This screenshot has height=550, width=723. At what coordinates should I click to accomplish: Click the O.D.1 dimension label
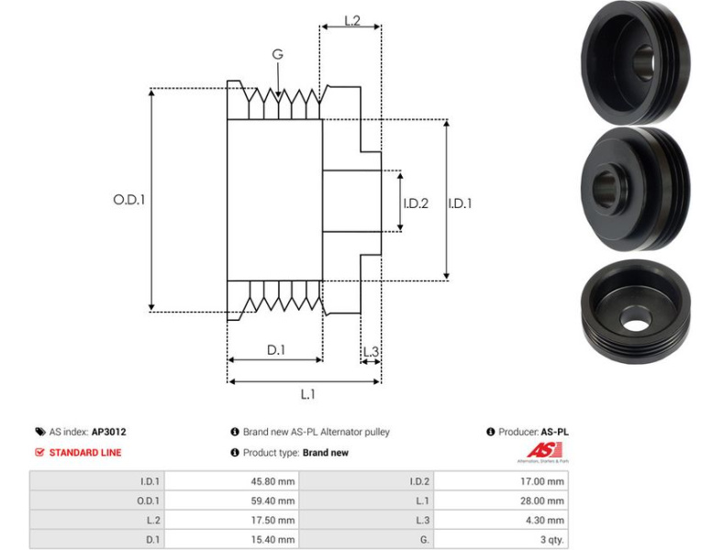click(x=129, y=199)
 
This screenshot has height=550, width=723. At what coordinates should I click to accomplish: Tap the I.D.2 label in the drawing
click(x=416, y=203)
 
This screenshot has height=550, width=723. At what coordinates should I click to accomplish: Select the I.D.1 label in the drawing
click(x=460, y=203)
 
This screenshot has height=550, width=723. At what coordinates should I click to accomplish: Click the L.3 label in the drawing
click(x=372, y=352)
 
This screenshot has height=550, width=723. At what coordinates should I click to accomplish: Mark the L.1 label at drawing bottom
click(x=308, y=394)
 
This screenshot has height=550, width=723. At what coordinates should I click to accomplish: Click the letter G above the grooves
click(x=277, y=54)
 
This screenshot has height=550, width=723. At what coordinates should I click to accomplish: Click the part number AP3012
click(x=108, y=432)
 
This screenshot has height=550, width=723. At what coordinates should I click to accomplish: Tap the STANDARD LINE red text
click(x=84, y=452)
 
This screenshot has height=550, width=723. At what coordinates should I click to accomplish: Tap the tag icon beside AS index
click(x=39, y=432)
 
